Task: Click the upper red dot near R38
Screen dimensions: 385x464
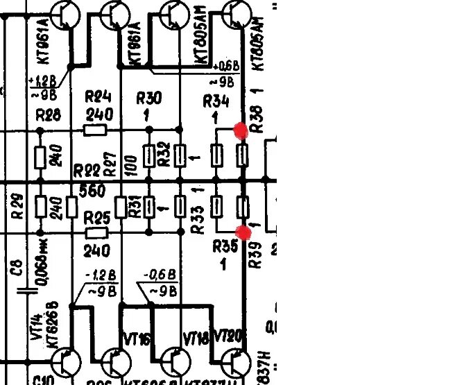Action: [x=241, y=130]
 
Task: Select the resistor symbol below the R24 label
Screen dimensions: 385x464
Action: [x=95, y=129]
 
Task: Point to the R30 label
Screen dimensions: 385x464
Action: [x=150, y=99]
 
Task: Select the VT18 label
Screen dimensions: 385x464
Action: [x=196, y=339]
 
